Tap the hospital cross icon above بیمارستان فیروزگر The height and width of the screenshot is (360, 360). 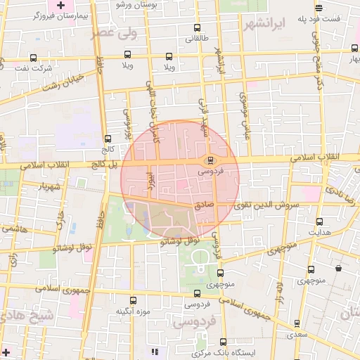coord(61,5)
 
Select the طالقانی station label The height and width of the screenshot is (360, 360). coord(196,39)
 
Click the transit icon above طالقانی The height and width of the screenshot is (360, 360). coord(196,29)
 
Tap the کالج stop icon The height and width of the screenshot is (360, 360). coord(108,139)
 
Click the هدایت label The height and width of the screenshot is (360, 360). coord(320,231)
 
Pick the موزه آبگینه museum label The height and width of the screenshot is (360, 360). coord(131,310)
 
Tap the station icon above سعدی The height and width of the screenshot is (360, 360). coord(296,324)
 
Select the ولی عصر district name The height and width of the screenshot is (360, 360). coord(113,32)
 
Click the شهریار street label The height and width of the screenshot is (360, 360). coord(35,187)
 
